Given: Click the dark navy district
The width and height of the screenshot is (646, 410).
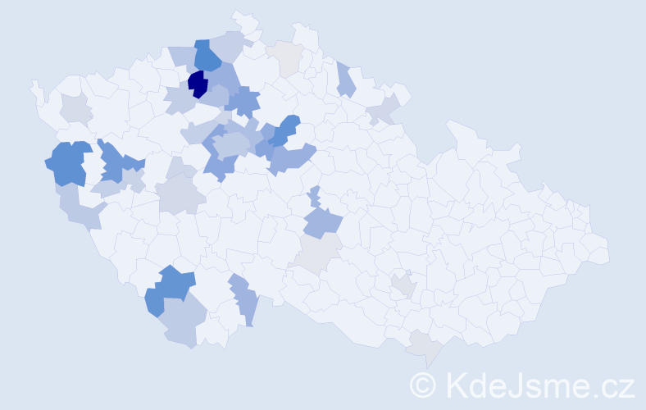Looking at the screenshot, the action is point(197,84).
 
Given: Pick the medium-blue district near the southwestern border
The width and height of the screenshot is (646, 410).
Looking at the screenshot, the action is point(171,289).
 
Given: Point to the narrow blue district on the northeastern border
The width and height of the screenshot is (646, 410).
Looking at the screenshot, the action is point(345,80).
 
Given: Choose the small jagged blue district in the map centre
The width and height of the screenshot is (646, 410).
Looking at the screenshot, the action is point(315,198).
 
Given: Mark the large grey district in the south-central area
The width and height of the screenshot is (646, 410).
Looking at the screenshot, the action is point(321,253).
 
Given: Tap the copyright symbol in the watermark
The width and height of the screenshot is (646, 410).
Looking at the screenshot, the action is point(423,385).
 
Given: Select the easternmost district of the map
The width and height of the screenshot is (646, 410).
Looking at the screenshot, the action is point(596,250).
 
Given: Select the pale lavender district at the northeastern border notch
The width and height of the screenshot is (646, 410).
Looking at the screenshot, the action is point(383,109).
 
